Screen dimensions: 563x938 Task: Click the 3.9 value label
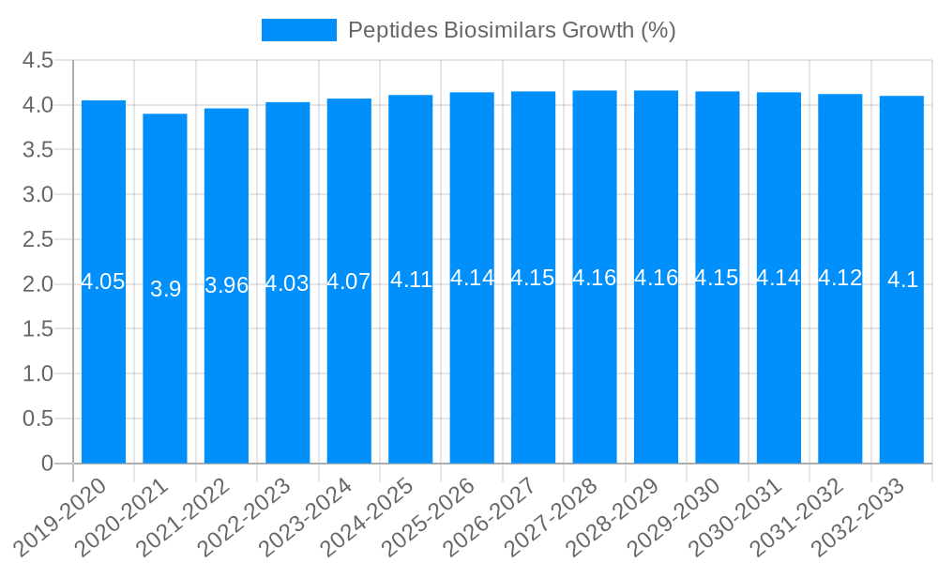165,289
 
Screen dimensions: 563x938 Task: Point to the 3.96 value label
226,285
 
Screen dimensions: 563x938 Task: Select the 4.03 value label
287,283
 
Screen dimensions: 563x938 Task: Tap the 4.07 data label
349,281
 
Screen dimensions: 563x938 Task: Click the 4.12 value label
840,278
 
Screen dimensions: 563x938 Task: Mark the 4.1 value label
901,280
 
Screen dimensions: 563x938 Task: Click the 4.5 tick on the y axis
38,60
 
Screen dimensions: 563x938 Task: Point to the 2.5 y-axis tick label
38,239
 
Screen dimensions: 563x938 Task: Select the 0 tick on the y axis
47,464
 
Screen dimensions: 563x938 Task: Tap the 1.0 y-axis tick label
38,373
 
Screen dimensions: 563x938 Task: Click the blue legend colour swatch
298,30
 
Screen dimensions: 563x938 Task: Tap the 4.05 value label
103,281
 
